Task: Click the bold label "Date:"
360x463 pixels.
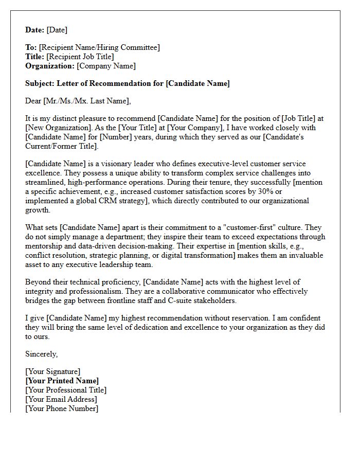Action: click(35, 30)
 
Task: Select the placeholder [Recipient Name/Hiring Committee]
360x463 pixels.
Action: click(99, 47)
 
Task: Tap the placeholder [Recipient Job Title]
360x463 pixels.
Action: click(80, 57)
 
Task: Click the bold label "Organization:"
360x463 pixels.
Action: click(50, 66)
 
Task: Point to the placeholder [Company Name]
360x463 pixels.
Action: click(106, 66)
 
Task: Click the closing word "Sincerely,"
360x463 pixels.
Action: click(42, 354)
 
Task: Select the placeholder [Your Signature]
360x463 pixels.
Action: click(52, 371)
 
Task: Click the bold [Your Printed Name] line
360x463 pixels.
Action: click(62, 381)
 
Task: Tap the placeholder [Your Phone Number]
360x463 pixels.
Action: click(62, 408)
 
